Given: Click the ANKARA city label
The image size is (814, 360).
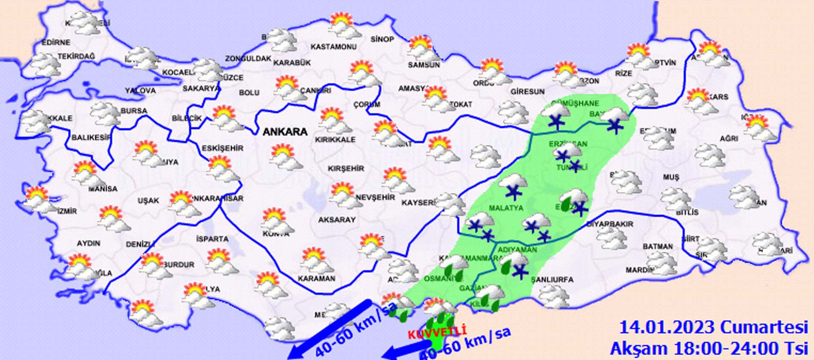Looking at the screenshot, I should click(285, 132).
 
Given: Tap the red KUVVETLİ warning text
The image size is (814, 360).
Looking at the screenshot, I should click(437, 332).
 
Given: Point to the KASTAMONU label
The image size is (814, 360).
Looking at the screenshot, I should click(333, 47).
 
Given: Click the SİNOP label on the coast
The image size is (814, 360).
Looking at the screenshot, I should click(382, 39).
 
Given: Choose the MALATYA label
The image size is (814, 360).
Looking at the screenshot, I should click(506, 208).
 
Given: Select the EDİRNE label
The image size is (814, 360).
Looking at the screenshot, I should click(56, 42).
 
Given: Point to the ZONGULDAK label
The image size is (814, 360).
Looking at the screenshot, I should click(248, 58).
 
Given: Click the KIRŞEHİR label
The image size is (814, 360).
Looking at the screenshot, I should click(346, 168).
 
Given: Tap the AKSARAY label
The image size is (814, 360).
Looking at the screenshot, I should click(337, 220).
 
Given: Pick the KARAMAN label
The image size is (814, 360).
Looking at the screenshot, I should click(316, 279).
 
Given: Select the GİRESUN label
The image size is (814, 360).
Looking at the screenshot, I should click(527, 92).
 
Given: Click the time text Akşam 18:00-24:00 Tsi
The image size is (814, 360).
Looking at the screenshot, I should click(709, 348).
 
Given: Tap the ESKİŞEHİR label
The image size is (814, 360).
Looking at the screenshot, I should click(222, 148).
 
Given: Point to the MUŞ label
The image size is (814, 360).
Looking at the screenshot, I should click(671, 177).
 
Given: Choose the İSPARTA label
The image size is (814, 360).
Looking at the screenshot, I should click(212, 239).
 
